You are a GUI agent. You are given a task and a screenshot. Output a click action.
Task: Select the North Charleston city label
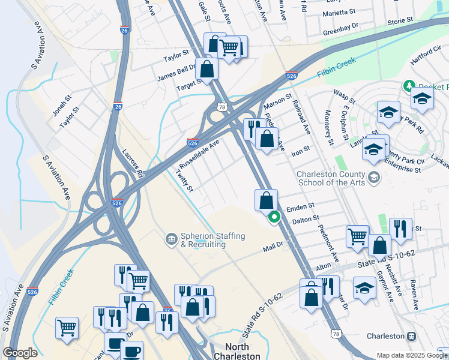(x=243, y=351)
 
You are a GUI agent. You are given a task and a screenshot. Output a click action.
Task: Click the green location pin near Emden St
(x=274, y=217)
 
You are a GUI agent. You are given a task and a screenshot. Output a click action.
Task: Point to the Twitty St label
(x=184, y=181)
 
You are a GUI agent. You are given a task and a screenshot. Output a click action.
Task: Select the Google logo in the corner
(x=20, y=353)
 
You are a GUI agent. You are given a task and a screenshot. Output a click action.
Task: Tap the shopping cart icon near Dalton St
(x=357, y=236)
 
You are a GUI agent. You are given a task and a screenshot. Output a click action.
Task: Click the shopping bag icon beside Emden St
(x=266, y=200)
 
